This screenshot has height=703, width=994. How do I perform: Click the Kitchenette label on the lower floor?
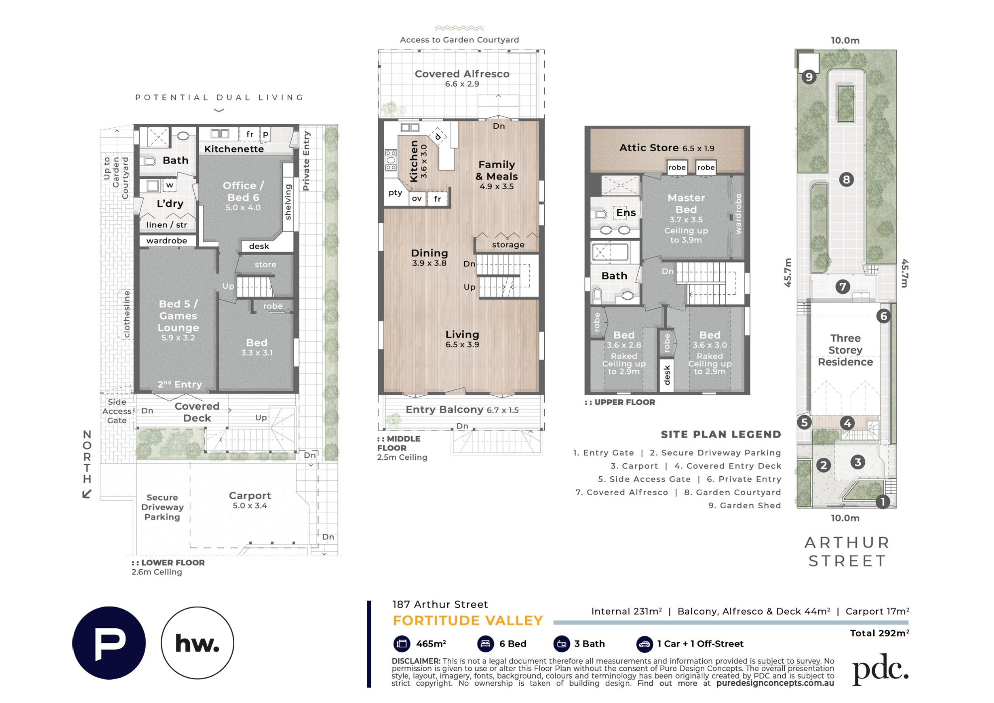[234, 149]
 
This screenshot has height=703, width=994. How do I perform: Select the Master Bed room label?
[686, 204]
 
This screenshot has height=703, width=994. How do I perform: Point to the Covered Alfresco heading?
[462, 74]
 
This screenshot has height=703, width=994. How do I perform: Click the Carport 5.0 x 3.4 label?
[249, 500]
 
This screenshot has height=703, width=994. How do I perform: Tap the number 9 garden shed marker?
[809, 77]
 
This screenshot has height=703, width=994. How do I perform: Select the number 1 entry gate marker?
[883, 502]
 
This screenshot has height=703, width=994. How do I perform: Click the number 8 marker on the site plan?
[846, 179]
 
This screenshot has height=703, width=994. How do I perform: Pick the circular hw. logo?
[197, 643]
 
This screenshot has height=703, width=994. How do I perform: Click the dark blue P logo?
[109, 643]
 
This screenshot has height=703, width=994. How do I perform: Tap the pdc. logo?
[881, 669]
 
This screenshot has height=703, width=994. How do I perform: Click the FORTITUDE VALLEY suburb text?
[468, 620]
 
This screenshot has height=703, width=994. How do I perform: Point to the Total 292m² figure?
[879, 633]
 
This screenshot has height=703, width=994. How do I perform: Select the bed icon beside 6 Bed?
[485, 644]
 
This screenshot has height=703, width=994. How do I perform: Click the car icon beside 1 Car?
[644, 644]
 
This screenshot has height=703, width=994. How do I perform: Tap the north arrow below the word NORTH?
[87, 494]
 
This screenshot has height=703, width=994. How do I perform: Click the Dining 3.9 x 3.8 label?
[429, 258]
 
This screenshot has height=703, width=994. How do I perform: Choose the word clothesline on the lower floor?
[127, 314]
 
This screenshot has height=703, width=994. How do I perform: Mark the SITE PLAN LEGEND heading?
[721, 435]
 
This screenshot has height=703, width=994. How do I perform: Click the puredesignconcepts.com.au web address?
[775, 684]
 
